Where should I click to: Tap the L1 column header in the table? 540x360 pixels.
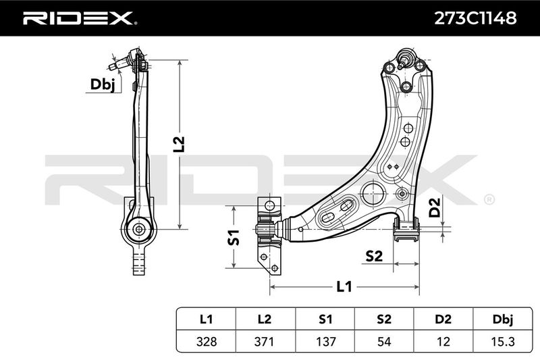(206, 318)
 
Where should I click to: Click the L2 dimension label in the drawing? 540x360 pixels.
(178, 144)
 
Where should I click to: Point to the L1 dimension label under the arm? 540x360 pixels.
(344, 286)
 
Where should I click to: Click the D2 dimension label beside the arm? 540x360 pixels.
(435, 207)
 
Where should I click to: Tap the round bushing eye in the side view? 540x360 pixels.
(139, 229)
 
